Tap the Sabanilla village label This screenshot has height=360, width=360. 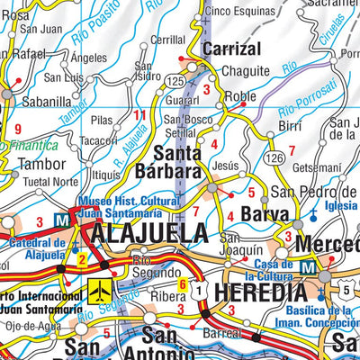46,102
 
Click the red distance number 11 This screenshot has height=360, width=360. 139,115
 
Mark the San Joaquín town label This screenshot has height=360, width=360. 242,243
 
